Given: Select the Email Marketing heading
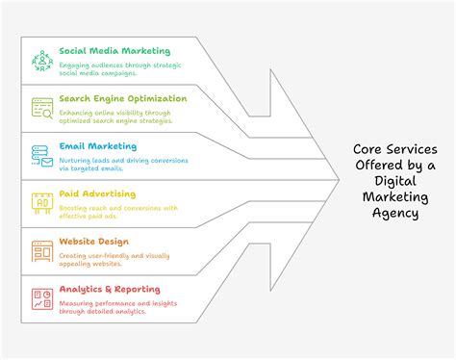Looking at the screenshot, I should pos(97,146).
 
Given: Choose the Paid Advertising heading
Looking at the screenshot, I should pos(98,193).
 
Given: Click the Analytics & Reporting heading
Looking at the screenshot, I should pos(110,289).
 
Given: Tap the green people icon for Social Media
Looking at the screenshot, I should pos(41,61).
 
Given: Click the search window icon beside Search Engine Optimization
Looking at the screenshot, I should pos(41,108).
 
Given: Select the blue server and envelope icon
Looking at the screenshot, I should pos(41,156).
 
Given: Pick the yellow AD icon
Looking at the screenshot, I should pos(41,203).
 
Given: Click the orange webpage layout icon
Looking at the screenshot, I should pos(41,251).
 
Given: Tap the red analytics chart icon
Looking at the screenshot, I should pos(41,298).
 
